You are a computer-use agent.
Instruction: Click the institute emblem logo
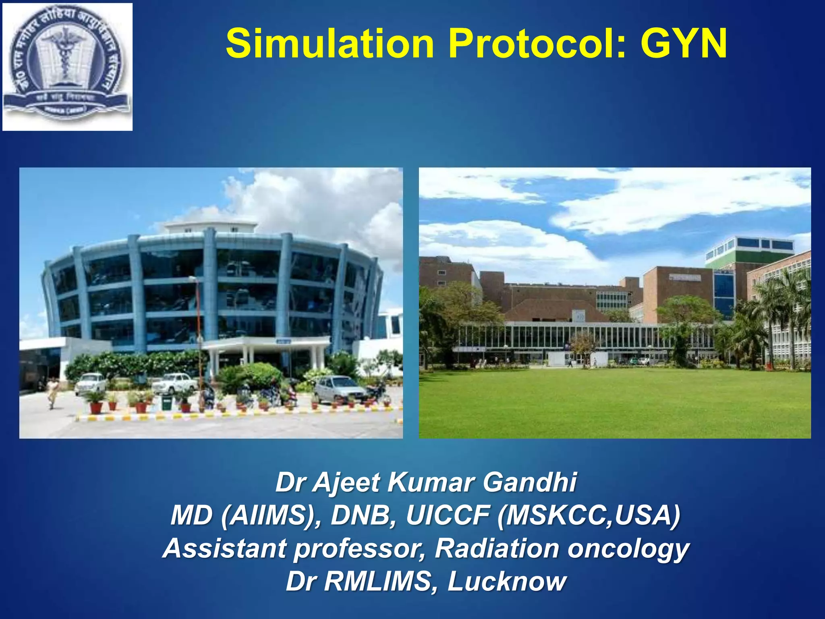point(67,66)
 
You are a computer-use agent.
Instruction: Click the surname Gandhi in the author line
point(530,482)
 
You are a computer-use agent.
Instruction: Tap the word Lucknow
point(507,582)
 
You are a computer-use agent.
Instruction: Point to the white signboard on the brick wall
point(685,278)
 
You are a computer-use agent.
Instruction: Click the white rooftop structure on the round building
point(211,227)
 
